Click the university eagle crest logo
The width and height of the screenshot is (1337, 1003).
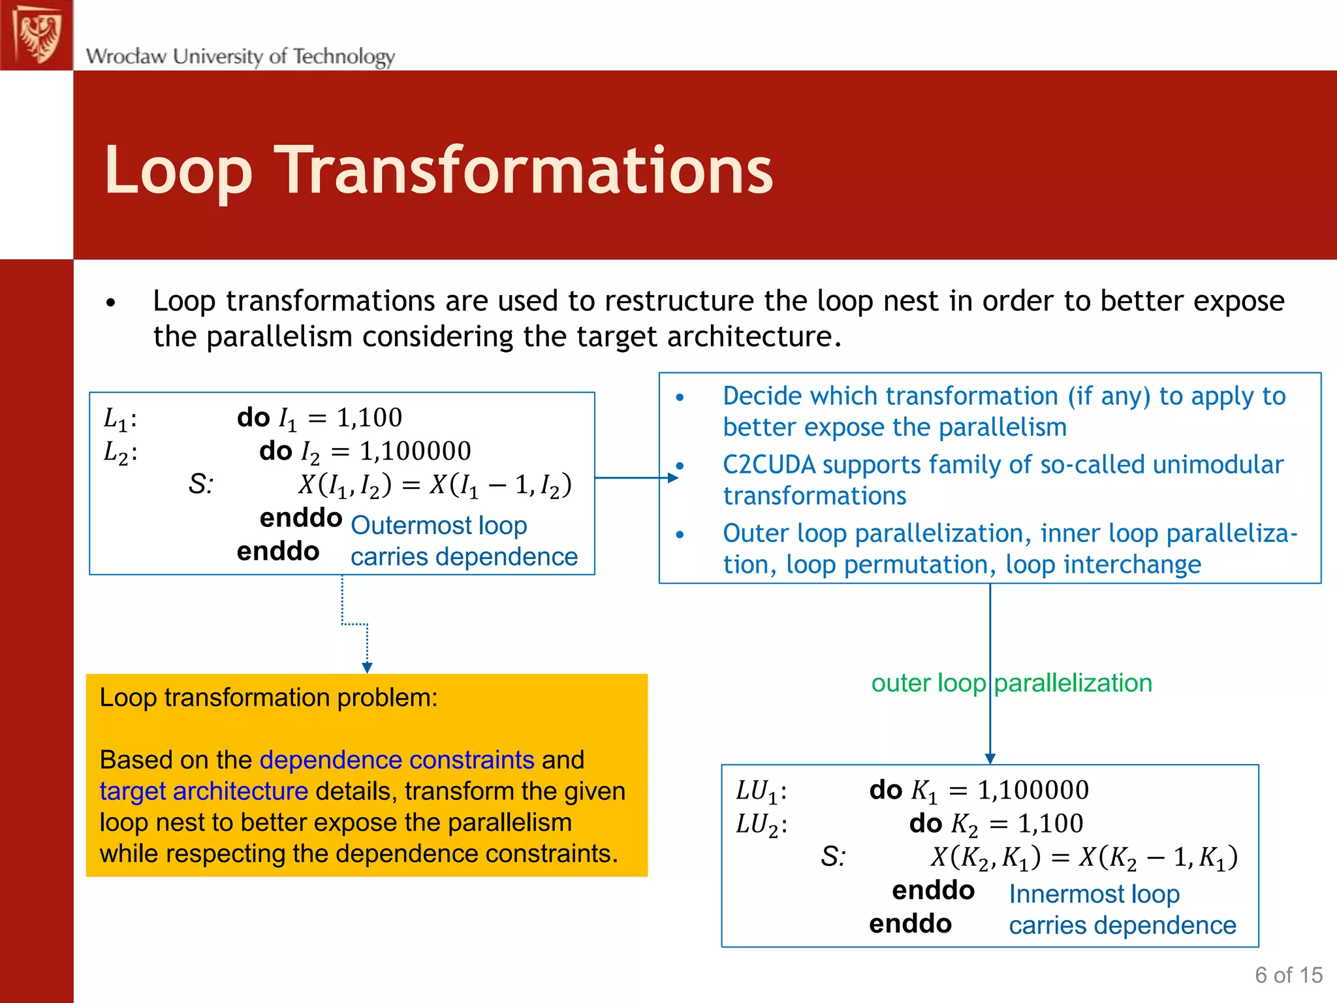37,34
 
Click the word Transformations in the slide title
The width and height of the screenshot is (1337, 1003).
526,171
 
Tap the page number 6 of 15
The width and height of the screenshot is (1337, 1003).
1288,975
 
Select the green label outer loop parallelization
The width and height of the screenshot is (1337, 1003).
1011,683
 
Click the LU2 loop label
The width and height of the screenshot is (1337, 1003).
761,825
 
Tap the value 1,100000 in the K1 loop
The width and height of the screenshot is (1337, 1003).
1033,790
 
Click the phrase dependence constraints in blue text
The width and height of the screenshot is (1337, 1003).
397,760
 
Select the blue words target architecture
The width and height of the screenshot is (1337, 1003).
204,791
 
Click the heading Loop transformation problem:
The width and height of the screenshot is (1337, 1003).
268,698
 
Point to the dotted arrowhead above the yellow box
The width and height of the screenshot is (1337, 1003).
367,667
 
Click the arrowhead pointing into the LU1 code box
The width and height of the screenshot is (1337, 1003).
990,758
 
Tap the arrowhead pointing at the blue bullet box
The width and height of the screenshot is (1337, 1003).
672,478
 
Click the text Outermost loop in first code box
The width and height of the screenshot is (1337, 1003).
439,526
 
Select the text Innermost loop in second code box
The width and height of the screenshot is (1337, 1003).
1094,894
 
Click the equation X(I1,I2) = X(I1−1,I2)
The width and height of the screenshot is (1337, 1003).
435,485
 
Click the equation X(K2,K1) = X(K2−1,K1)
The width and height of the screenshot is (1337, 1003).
1084,857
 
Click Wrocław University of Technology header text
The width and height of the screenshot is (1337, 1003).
240,56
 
